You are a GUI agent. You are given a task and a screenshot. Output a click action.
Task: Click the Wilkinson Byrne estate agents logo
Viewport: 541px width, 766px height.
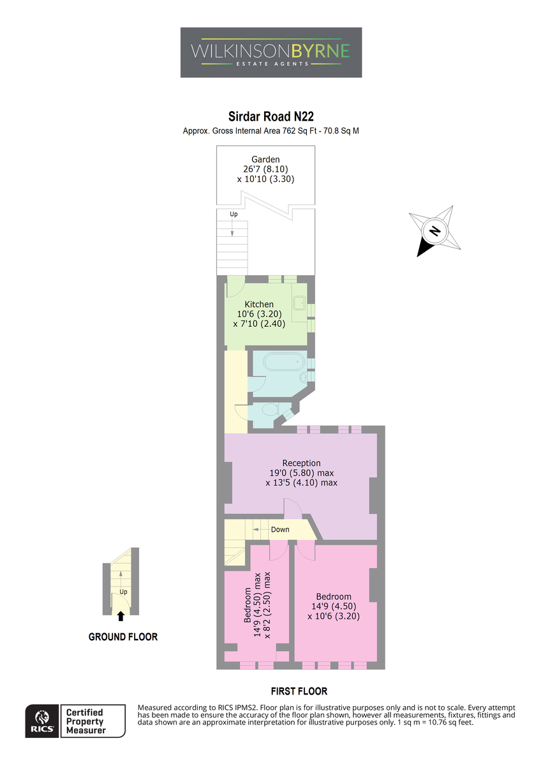click(270, 52)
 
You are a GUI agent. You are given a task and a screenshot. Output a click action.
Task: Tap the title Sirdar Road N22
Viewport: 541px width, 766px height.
click(270, 117)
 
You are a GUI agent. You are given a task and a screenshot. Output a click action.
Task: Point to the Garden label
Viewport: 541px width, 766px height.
click(265, 160)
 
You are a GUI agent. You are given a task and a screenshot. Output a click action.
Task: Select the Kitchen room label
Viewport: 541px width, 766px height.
click(259, 304)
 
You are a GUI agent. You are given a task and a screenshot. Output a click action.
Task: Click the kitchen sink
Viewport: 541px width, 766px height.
click(300, 303)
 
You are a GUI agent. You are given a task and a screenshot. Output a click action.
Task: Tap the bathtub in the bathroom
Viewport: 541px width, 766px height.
click(284, 362)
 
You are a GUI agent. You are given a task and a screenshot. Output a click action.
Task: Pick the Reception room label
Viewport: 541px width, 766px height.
click(301, 463)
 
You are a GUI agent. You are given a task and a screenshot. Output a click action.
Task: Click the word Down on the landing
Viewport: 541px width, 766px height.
click(280, 529)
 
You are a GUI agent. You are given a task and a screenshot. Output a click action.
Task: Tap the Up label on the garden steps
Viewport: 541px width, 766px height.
click(233, 214)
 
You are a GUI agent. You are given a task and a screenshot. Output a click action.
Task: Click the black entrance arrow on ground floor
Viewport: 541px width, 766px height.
click(121, 616)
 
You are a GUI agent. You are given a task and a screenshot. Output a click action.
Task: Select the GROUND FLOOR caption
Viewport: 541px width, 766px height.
click(123, 637)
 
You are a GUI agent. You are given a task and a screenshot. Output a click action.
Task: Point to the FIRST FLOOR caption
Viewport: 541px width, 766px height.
click(299, 691)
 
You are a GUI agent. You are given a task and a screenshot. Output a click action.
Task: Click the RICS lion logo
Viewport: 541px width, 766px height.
click(42, 721)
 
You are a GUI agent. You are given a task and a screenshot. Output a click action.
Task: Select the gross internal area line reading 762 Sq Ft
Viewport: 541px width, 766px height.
click(270, 131)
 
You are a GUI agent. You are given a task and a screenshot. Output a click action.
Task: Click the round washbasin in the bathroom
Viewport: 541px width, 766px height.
click(303, 378)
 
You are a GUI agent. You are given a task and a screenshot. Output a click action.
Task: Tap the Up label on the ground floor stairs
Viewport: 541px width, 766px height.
click(123, 592)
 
